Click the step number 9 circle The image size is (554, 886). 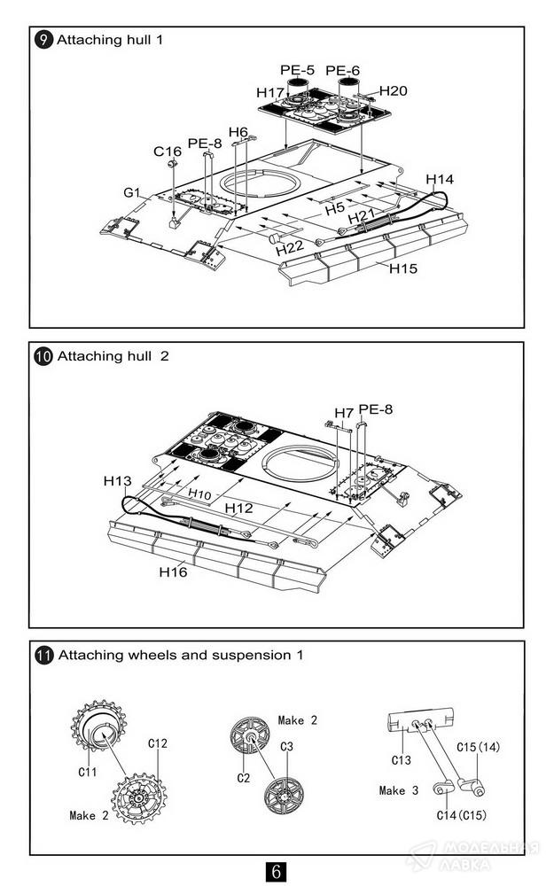43,40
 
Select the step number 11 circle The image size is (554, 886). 43,656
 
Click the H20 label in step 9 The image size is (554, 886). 393,91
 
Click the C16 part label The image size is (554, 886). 167,152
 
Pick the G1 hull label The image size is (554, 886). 132,192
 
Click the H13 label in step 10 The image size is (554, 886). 117,481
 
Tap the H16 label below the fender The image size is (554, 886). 174,571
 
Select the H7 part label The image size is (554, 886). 343,413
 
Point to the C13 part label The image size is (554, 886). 402,759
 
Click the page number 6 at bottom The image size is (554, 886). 276,871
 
